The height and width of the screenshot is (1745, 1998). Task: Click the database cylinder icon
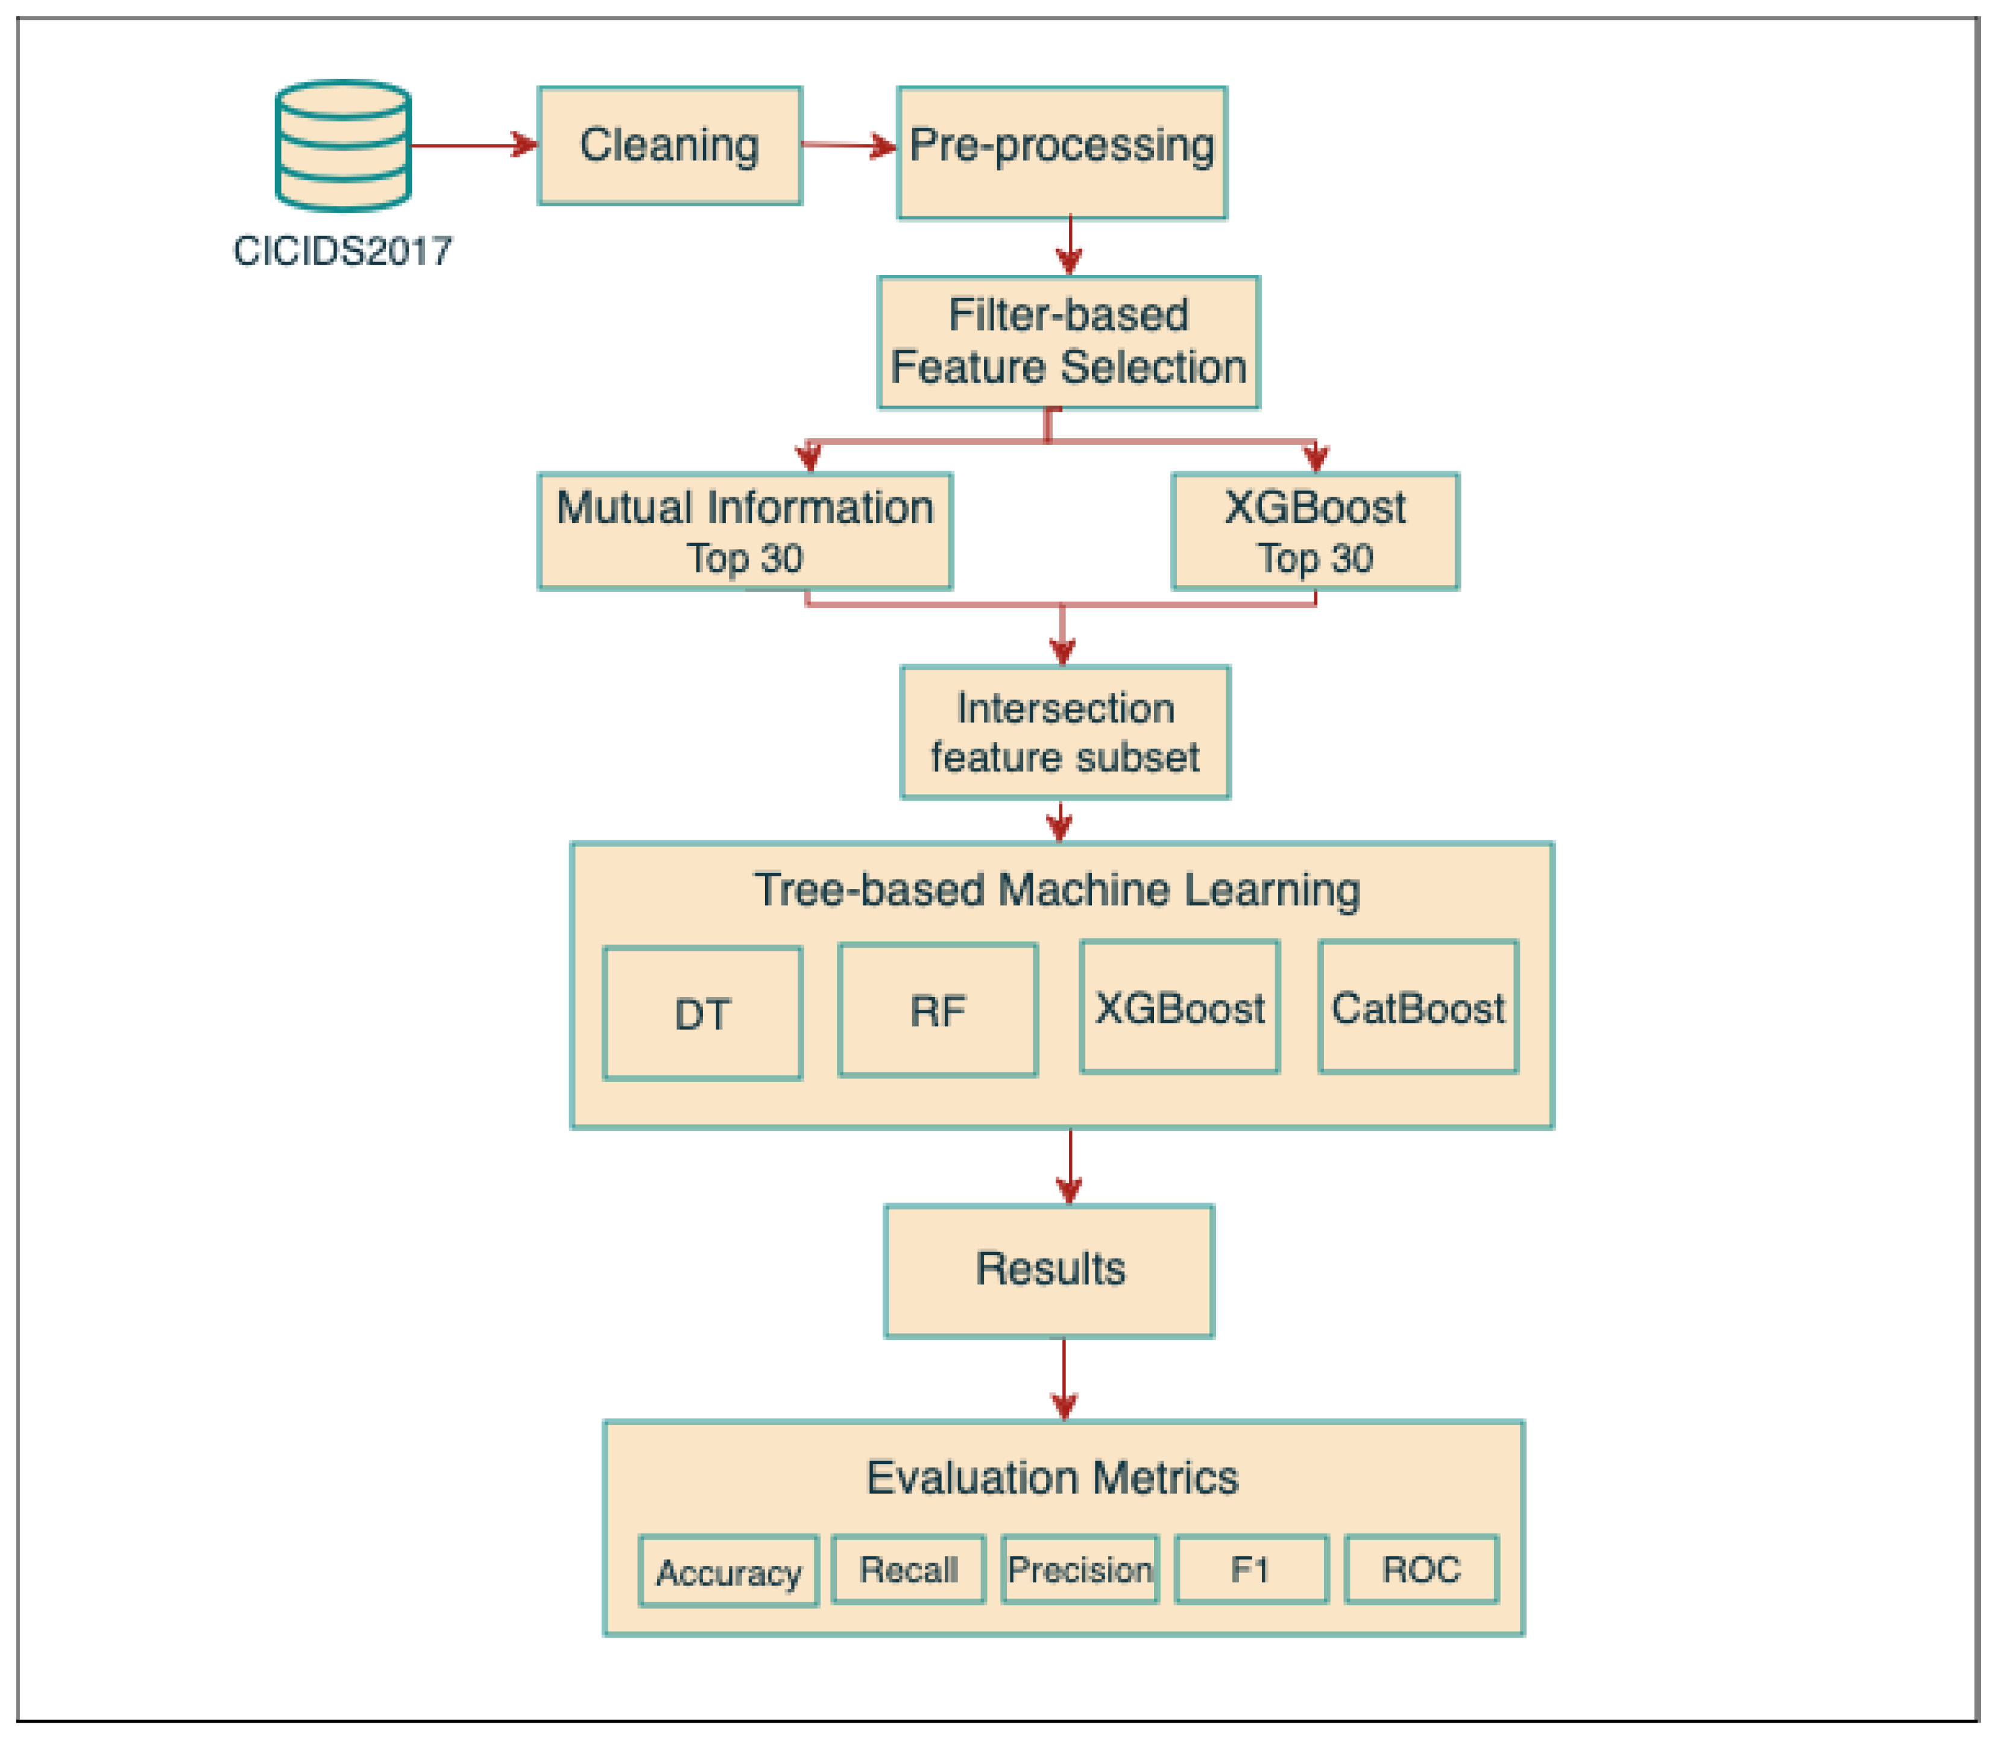pos(343,146)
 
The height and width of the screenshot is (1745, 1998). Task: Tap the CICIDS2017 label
pos(343,251)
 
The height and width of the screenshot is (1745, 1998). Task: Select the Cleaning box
pos(669,146)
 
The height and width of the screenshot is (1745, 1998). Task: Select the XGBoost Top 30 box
pos(1314,532)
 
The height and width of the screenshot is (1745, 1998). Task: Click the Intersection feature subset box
pos(1065,732)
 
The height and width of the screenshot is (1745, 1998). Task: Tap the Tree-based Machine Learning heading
pos(1057,890)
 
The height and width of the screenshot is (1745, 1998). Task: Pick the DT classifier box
pos(702,1014)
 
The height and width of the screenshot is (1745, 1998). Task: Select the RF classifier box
pos(937,1011)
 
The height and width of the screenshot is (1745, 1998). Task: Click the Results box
pos(1049,1271)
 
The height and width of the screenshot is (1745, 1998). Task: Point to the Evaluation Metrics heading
pos(1052,1478)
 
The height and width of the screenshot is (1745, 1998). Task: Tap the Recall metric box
pos(908,1570)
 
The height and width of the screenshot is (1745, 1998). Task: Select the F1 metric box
pos(1251,1570)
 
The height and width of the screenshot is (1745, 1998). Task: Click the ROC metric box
pos(1420,1570)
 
